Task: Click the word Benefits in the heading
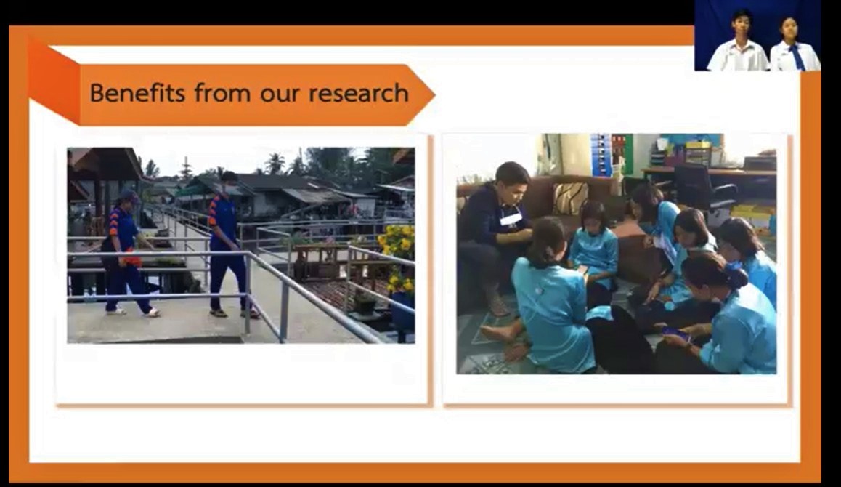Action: click(x=137, y=93)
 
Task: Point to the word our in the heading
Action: click(x=280, y=95)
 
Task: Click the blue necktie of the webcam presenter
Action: click(x=797, y=57)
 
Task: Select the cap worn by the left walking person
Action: click(x=129, y=196)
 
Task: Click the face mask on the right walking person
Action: click(x=231, y=188)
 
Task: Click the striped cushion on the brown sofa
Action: click(x=570, y=198)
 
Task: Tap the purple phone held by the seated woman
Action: click(x=675, y=334)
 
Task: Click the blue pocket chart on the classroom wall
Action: click(x=600, y=155)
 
